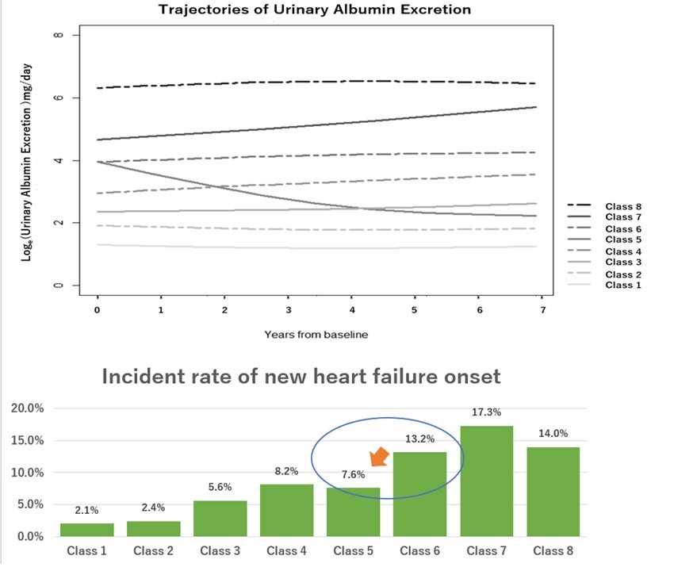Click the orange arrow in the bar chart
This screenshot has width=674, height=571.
pos(380,458)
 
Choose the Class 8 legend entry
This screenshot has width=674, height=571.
pos(626,206)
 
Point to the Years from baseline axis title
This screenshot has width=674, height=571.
pos(316,334)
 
